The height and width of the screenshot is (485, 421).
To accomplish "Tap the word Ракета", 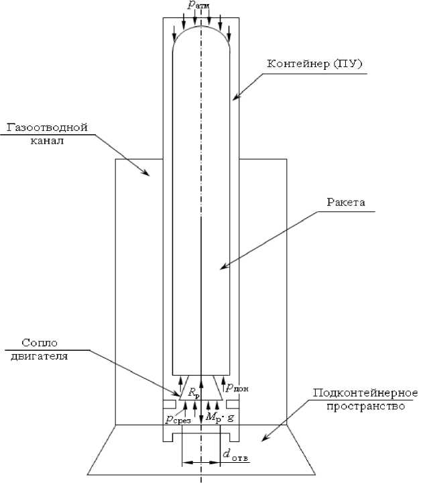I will point(345,202).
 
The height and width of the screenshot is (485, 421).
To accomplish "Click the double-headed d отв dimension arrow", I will point(201,462).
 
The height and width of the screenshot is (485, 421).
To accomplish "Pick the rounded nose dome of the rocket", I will point(201,34).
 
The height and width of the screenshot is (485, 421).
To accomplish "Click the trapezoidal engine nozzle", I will point(201,388).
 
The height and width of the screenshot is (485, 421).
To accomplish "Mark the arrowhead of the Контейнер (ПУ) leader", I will point(235,99).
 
